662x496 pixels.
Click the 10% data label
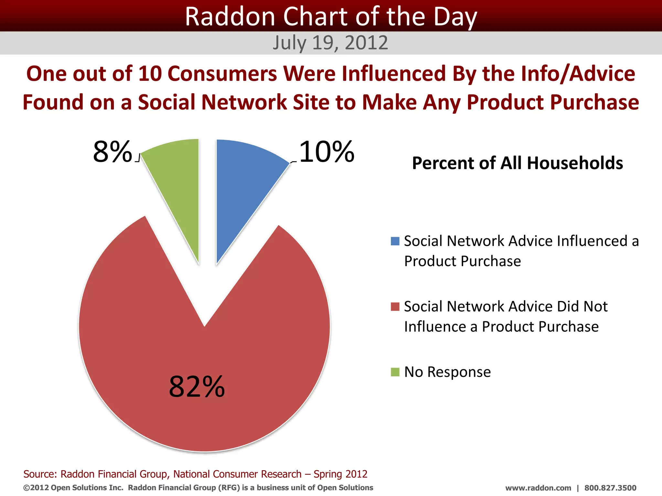326,152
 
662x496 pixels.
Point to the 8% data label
112,152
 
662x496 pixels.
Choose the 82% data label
197,387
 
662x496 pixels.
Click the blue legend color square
395,241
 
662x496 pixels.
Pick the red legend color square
395,306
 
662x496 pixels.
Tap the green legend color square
395,372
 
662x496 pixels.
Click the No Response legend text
447,372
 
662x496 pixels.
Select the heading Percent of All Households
518,163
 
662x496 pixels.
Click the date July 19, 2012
330,43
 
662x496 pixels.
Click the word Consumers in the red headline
222,74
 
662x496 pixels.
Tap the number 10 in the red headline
150,74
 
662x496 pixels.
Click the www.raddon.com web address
538,488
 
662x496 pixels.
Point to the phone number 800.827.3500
610,488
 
